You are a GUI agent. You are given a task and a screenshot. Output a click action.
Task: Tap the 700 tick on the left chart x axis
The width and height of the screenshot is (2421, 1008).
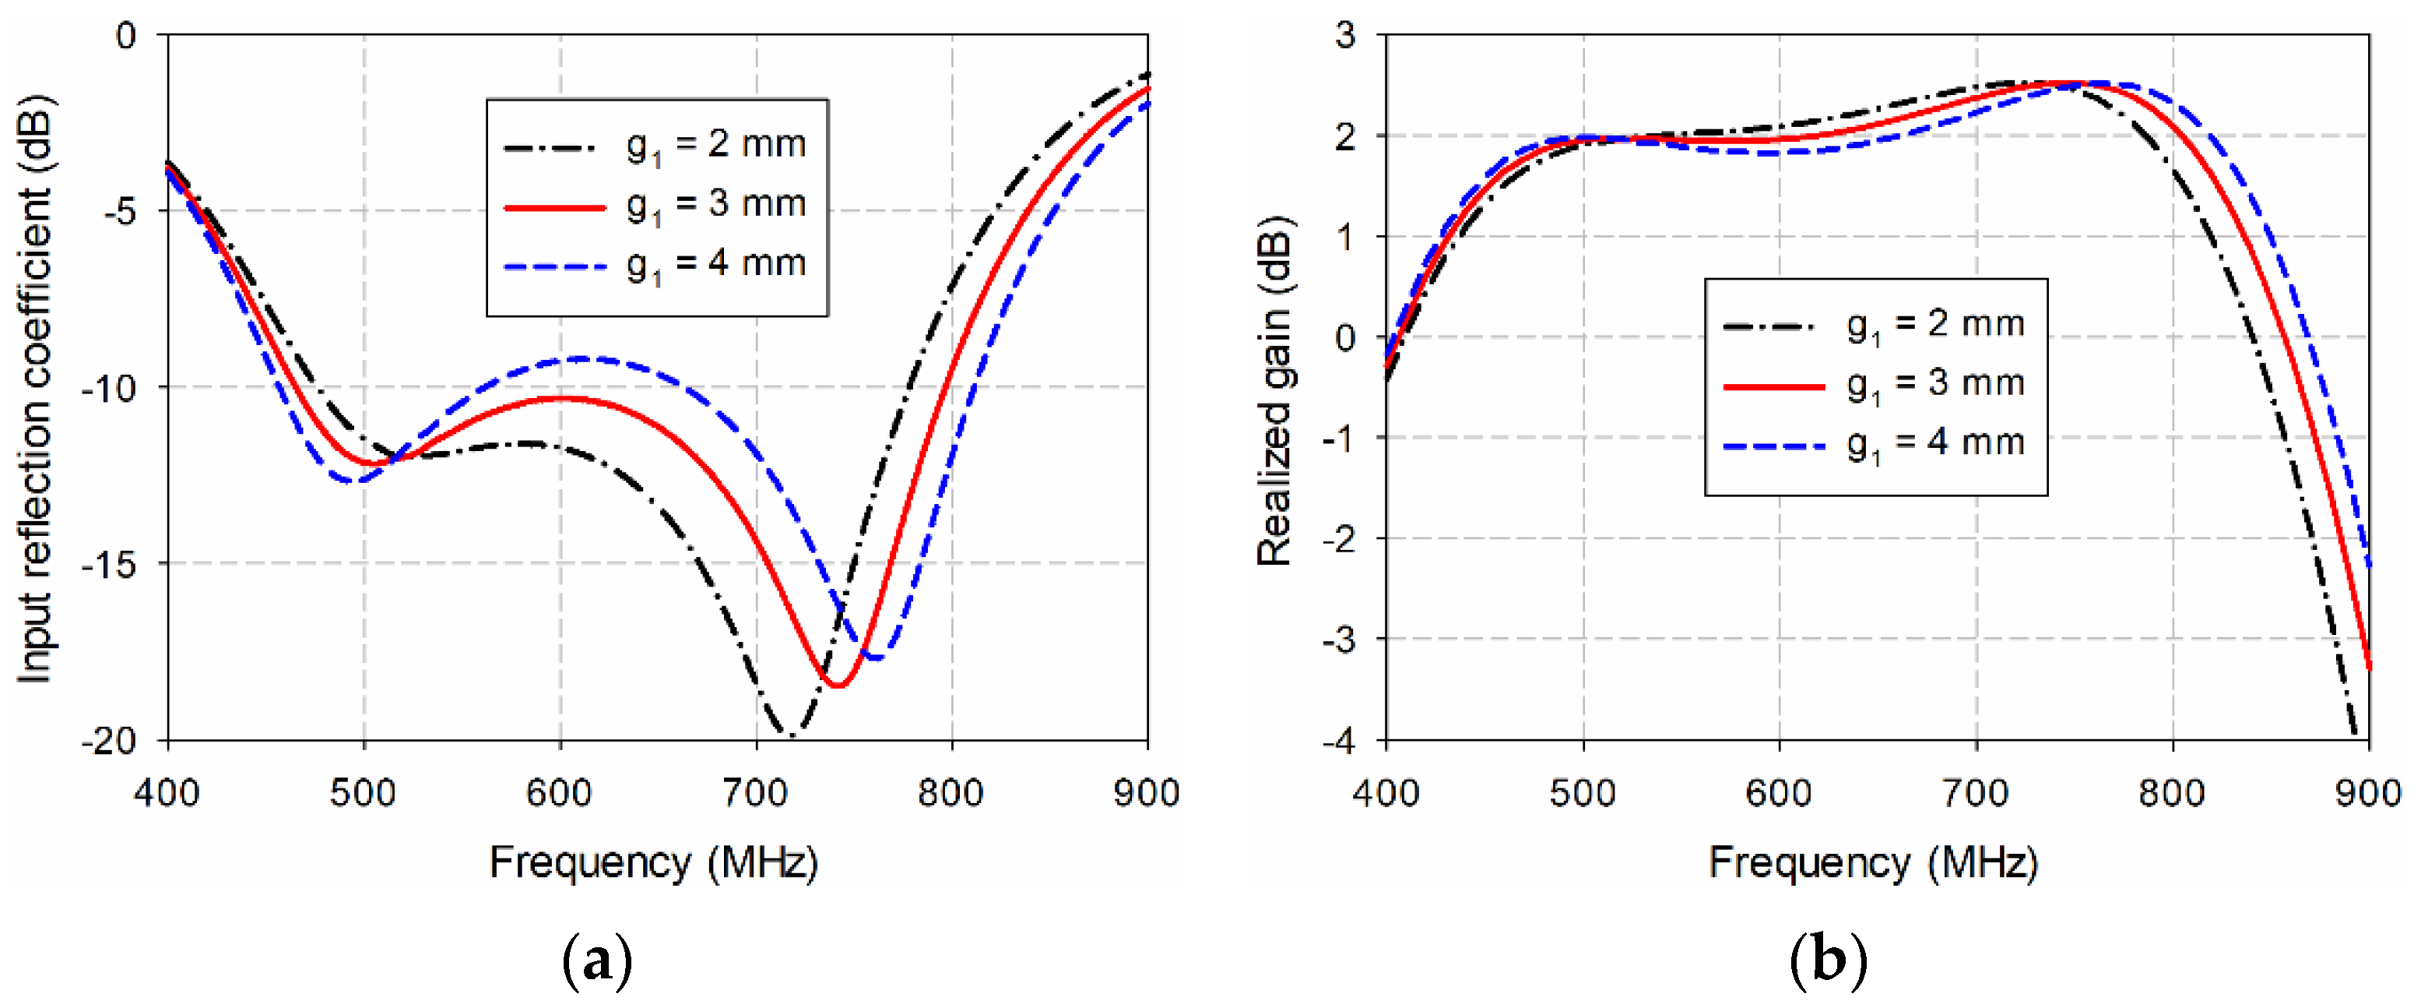tap(756, 794)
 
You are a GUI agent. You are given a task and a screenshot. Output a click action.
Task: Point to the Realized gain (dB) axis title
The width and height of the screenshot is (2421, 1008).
tap(1274, 390)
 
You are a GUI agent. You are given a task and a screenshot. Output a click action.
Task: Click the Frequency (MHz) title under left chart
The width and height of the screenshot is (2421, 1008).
tap(654, 862)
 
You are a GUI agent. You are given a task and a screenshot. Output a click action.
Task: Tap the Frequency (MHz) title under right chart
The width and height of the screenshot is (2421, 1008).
tap(1873, 862)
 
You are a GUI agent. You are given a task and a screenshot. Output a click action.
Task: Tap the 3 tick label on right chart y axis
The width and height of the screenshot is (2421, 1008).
tap(1345, 36)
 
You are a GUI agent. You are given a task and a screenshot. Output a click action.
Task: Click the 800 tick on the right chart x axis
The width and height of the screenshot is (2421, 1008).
tap(2172, 794)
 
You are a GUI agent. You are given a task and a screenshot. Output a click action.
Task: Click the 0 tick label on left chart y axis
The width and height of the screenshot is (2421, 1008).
tap(126, 36)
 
